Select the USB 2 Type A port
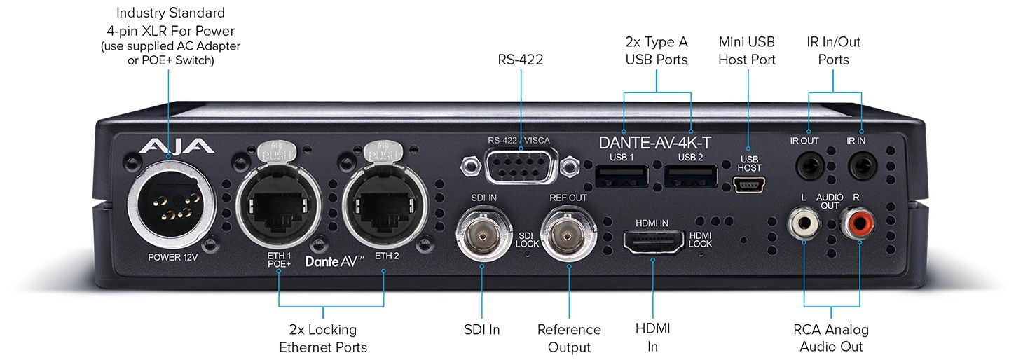690,176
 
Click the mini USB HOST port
749,184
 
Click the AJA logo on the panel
176,146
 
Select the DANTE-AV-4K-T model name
655,143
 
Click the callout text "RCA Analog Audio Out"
831,338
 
